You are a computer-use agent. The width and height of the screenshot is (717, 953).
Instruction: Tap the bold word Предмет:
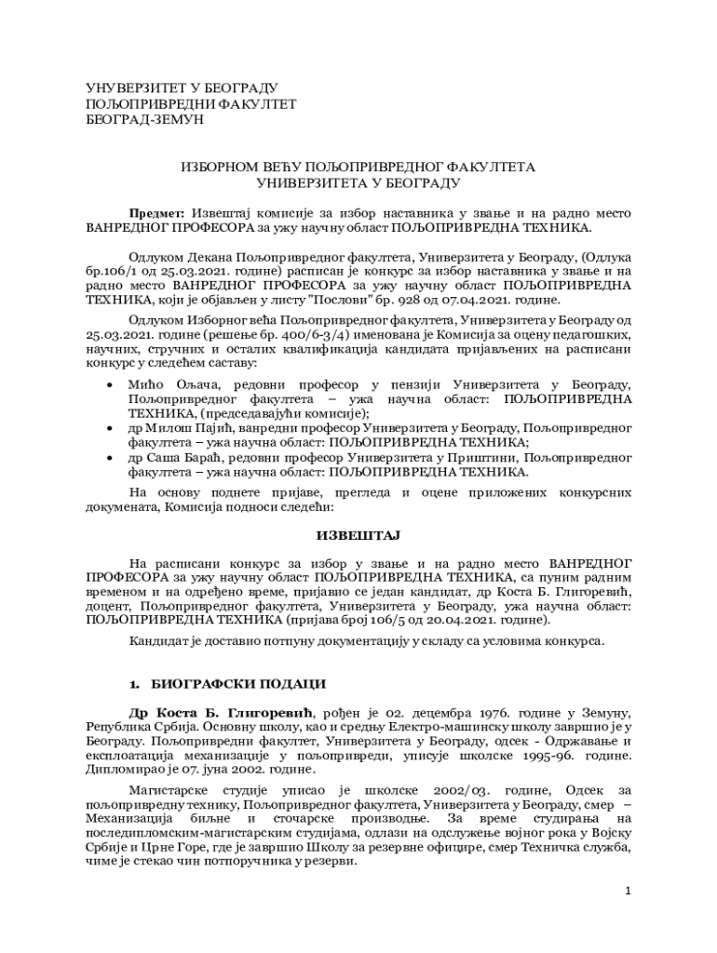pyautogui.click(x=157, y=211)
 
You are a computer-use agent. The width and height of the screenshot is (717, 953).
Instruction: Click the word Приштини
pyautogui.click(x=485, y=457)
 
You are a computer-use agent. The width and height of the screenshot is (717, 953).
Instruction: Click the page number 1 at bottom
pyautogui.click(x=629, y=892)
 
